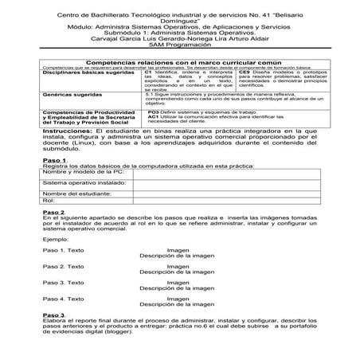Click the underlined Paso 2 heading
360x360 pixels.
[x=53, y=235]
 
